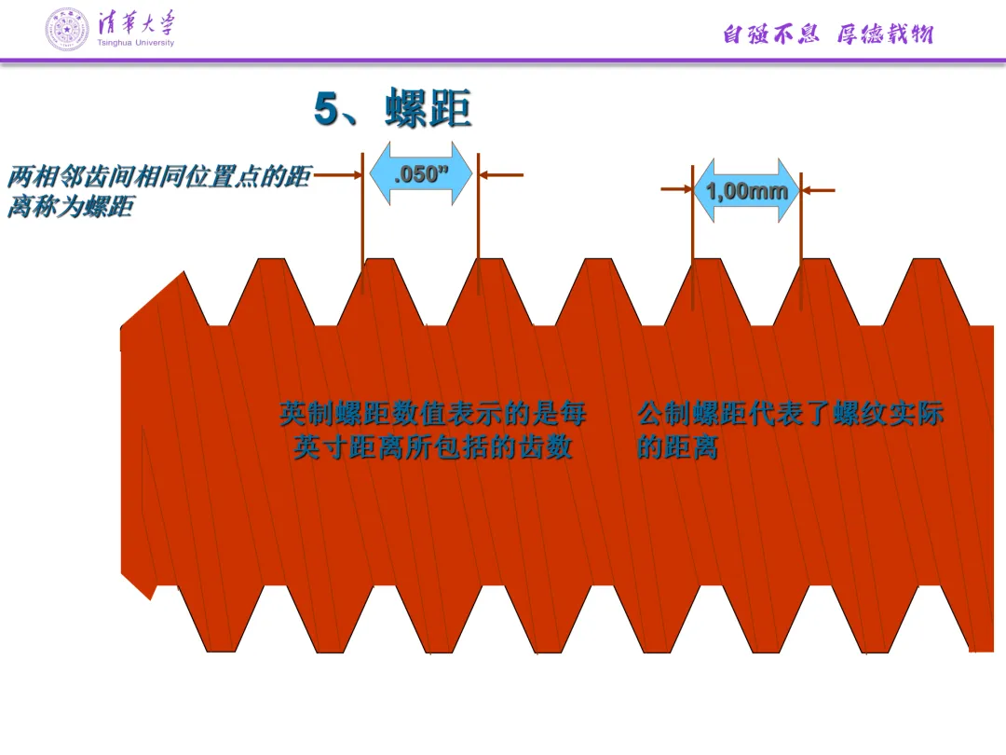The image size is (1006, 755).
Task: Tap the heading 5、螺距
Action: (x=392, y=110)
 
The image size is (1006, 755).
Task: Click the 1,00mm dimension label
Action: (x=746, y=191)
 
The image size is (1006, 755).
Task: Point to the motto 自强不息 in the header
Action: (x=770, y=34)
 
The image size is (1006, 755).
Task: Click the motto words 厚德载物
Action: (x=884, y=34)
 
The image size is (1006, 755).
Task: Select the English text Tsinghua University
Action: (x=135, y=43)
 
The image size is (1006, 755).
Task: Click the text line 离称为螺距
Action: (x=70, y=207)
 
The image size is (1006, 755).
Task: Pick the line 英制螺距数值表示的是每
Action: (x=433, y=413)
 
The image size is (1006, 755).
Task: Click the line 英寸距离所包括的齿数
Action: (x=433, y=447)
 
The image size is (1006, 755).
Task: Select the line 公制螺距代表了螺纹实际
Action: (x=791, y=413)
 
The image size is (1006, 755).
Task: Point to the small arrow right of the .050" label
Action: (x=501, y=174)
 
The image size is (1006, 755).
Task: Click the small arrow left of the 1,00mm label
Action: (x=676, y=189)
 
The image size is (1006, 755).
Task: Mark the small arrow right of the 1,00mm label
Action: (x=819, y=190)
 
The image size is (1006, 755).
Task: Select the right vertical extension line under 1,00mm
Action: (x=801, y=233)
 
